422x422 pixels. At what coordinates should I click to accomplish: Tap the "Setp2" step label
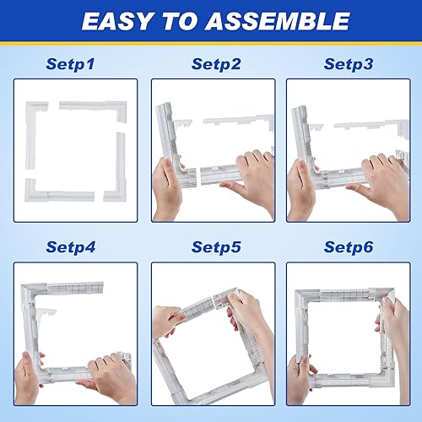pos(216,64)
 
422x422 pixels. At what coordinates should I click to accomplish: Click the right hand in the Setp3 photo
pos(380,177)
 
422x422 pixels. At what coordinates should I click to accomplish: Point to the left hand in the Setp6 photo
pos(301,376)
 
